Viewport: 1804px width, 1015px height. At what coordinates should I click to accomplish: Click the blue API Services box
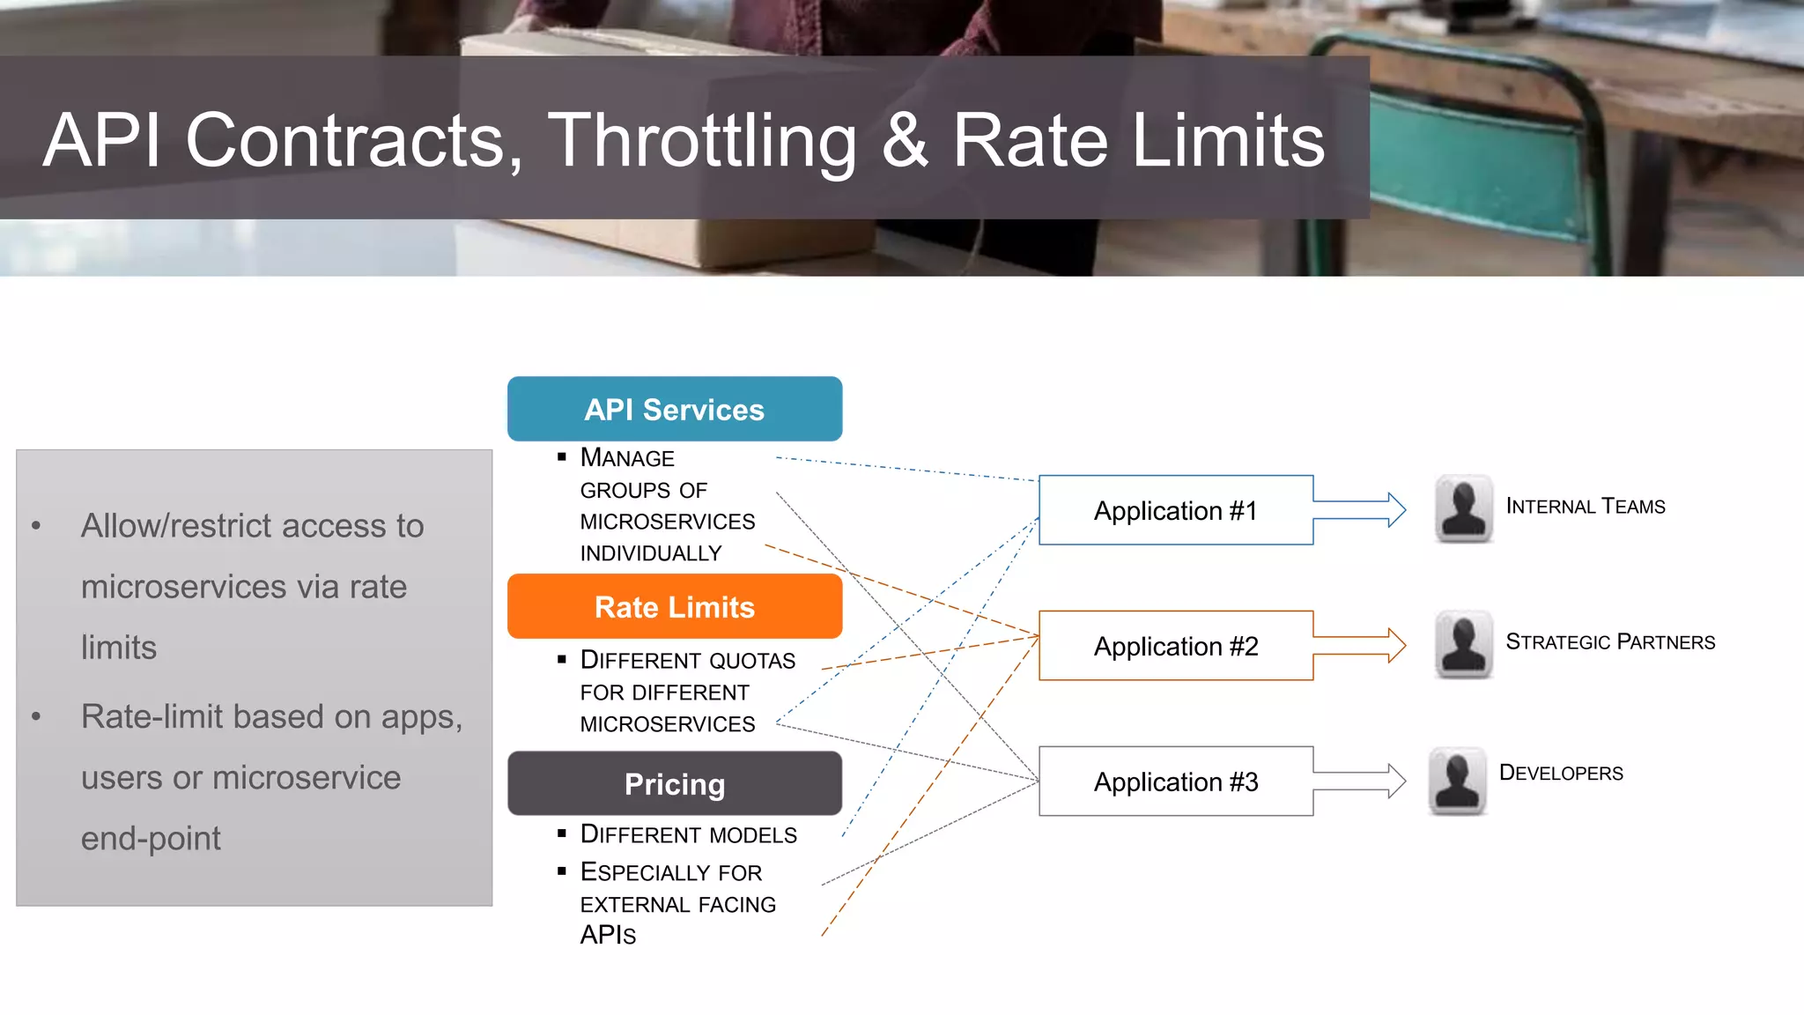tap(675, 409)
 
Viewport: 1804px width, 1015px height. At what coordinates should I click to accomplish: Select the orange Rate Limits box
tap(675, 606)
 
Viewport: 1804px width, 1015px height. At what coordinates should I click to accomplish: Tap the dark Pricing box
tap(675, 783)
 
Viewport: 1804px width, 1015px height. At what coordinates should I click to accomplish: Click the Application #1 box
tap(1175, 510)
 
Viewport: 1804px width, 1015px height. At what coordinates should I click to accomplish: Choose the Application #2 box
tap(1175, 646)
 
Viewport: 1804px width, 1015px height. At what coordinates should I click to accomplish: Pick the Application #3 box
tap(1175, 782)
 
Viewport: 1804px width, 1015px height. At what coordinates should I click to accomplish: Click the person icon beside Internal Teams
tap(1464, 509)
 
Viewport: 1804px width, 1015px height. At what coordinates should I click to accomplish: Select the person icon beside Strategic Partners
tap(1464, 645)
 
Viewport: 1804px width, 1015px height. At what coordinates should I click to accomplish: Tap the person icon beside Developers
tap(1458, 782)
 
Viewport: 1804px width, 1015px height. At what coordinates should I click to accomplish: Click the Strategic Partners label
tap(1610, 641)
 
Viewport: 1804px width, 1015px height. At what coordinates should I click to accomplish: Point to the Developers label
tap(1561, 773)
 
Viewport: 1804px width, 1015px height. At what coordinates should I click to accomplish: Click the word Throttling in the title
tap(702, 141)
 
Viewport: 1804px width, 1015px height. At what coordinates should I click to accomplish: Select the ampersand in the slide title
tap(905, 141)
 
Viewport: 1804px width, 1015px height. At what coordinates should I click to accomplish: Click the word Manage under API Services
tap(627, 458)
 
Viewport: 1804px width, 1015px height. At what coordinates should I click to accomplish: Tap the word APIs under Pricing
tap(608, 935)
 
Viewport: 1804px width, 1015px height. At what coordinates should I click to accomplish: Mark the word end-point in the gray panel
tap(151, 839)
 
